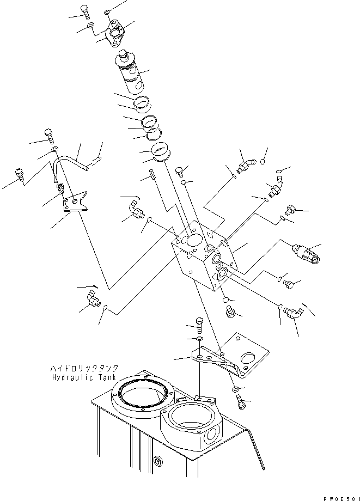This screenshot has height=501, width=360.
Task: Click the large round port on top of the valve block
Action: point(193,241)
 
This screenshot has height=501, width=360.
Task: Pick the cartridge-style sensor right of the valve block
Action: point(306,253)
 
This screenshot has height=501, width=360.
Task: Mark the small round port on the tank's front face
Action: point(158,461)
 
